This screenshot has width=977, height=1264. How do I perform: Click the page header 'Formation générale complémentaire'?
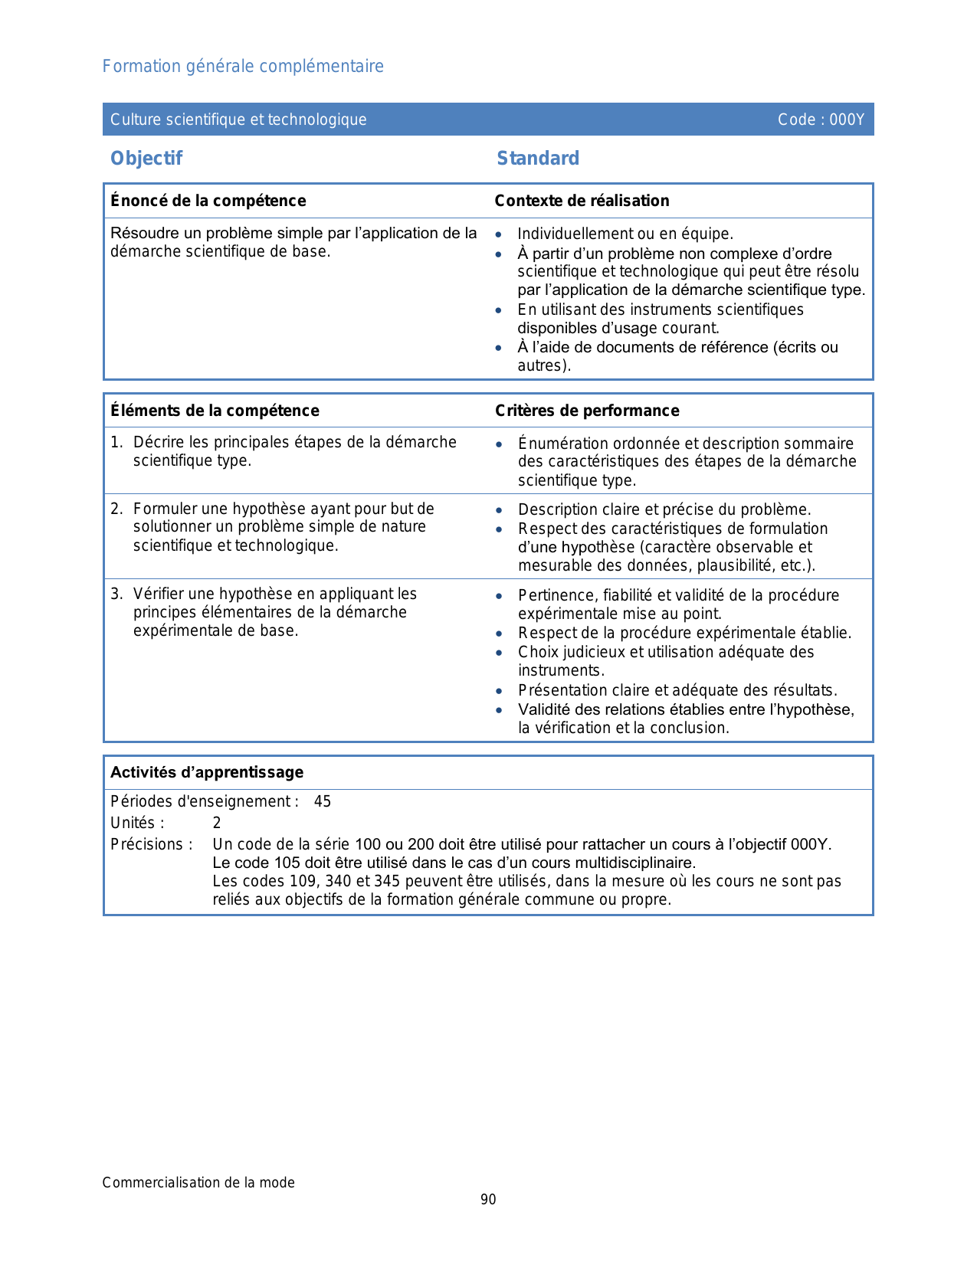(x=243, y=67)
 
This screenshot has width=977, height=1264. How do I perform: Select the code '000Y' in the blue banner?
(x=847, y=120)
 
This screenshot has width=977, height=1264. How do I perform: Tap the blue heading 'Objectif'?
(x=146, y=159)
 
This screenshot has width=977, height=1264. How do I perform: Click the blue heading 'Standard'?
(x=538, y=159)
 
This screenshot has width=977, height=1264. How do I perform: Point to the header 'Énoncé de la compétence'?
(x=208, y=201)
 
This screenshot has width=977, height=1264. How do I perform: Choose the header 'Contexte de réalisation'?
(x=582, y=201)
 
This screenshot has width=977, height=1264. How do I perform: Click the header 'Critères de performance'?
(x=587, y=411)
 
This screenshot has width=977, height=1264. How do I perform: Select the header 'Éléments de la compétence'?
(x=215, y=411)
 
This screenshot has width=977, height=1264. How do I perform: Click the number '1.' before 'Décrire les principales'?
(x=116, y=443)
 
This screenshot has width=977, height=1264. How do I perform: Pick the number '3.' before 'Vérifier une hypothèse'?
(x=116, y=594)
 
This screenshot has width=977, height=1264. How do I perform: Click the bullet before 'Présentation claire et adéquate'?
(x=500, y=691)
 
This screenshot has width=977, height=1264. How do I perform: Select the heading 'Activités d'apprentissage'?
(x=207, y=772)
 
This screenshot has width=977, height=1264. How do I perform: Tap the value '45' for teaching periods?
(x=323, y=802)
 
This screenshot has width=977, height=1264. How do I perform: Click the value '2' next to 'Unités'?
(x=217, y=824)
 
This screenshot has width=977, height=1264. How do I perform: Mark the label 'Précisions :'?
(x=152, y=845)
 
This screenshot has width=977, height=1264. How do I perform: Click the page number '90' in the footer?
(x=488, y=1200)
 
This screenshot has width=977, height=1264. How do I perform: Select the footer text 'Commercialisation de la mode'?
(x=198, y=1183)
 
